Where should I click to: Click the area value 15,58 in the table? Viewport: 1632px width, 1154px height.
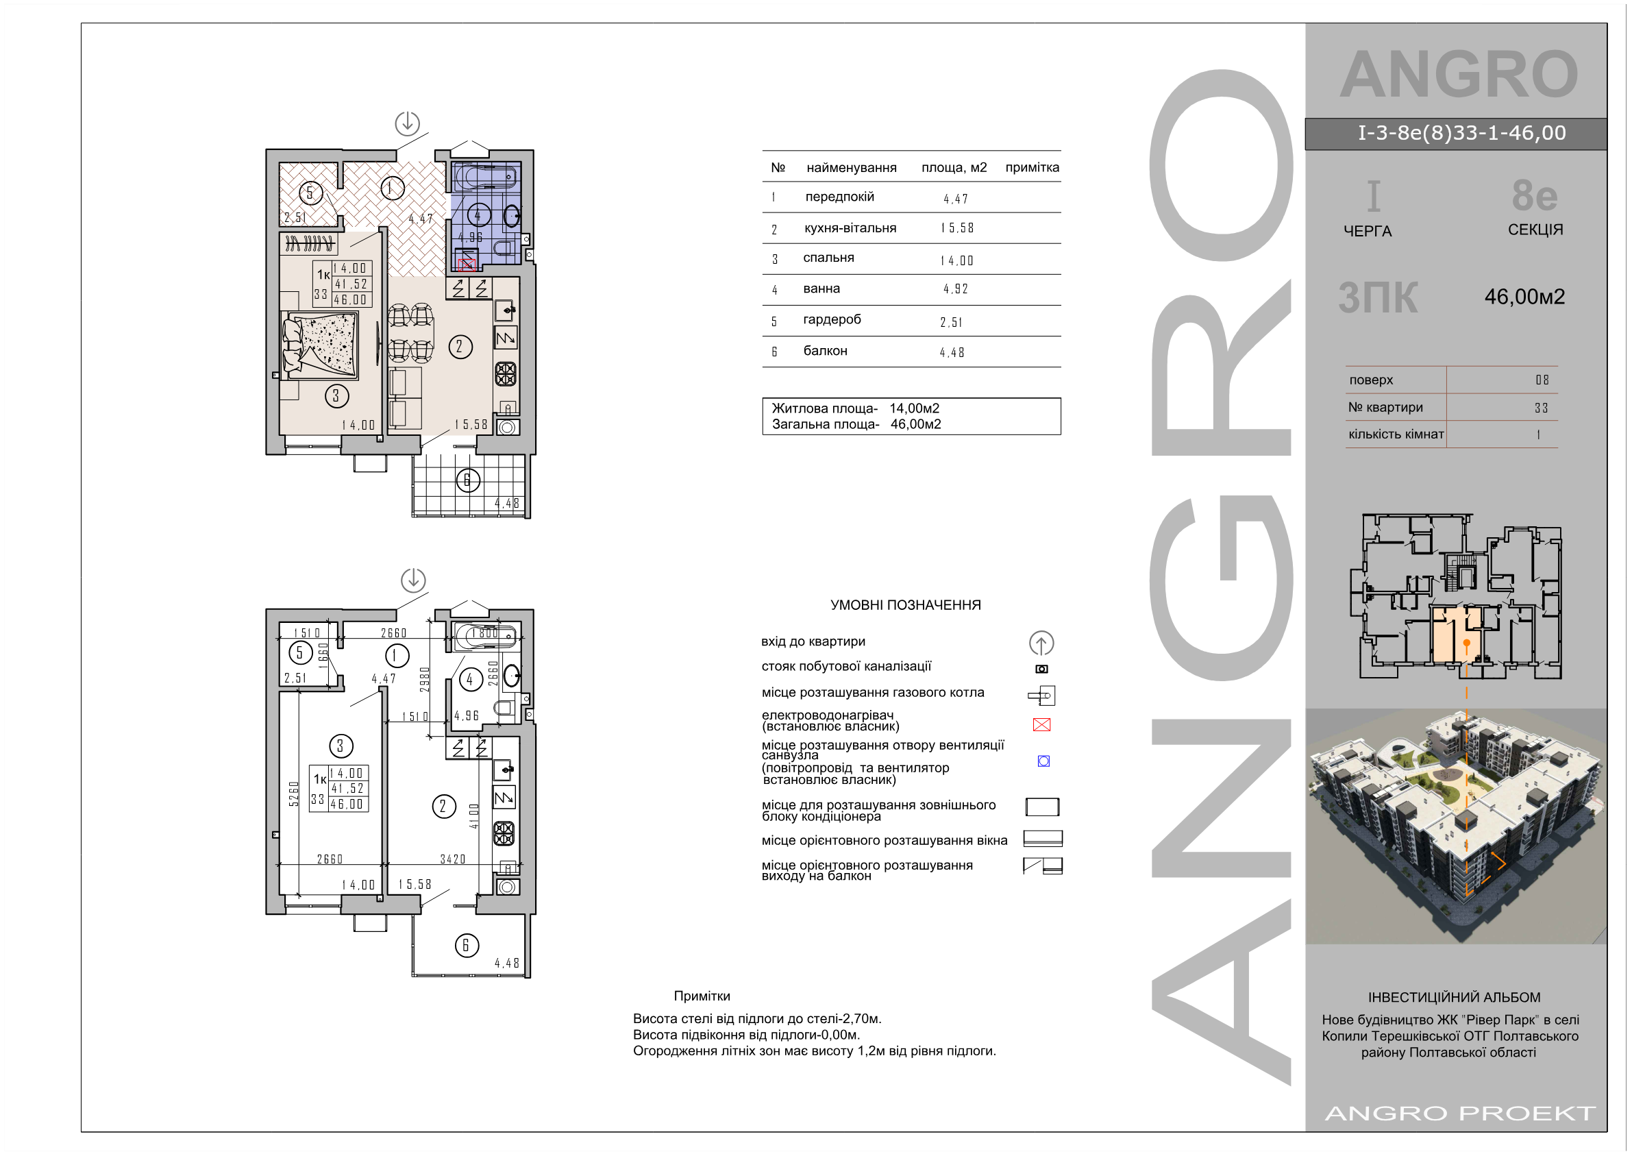coord(956,228)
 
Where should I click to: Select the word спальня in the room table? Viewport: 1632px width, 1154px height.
coord(828,258)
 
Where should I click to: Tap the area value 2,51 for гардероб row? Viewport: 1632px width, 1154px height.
coord(951,323)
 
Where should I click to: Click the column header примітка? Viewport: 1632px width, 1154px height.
coord(1031,167)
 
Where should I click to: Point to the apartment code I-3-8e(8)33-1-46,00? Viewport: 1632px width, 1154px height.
coord(1461,133)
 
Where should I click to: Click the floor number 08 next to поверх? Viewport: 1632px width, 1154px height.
coord(1542,380)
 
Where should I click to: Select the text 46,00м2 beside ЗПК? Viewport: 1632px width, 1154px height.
coord(1524,297)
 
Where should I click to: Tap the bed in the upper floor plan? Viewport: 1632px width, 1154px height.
coord(320,345)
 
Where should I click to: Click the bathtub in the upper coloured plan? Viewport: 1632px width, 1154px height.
coord(485,176)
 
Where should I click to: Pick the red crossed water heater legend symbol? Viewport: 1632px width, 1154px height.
coord(1041,724)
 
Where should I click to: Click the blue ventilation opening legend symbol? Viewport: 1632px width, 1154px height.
coord(1043,761)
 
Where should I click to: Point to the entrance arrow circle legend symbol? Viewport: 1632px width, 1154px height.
coord(1041,643)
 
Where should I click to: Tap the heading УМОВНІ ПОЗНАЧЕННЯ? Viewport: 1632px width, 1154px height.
coord(905,605)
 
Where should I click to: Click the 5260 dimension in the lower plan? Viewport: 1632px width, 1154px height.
coord(293,794)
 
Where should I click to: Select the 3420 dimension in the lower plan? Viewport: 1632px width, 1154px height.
coord(453,859)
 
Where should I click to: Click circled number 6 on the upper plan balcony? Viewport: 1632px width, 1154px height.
coord(468,480)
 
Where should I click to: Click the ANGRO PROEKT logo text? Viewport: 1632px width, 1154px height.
coord(1460,1113)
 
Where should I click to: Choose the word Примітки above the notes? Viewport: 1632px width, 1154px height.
coord(702,996)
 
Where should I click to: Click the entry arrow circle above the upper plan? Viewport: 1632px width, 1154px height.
coord(407,123)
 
